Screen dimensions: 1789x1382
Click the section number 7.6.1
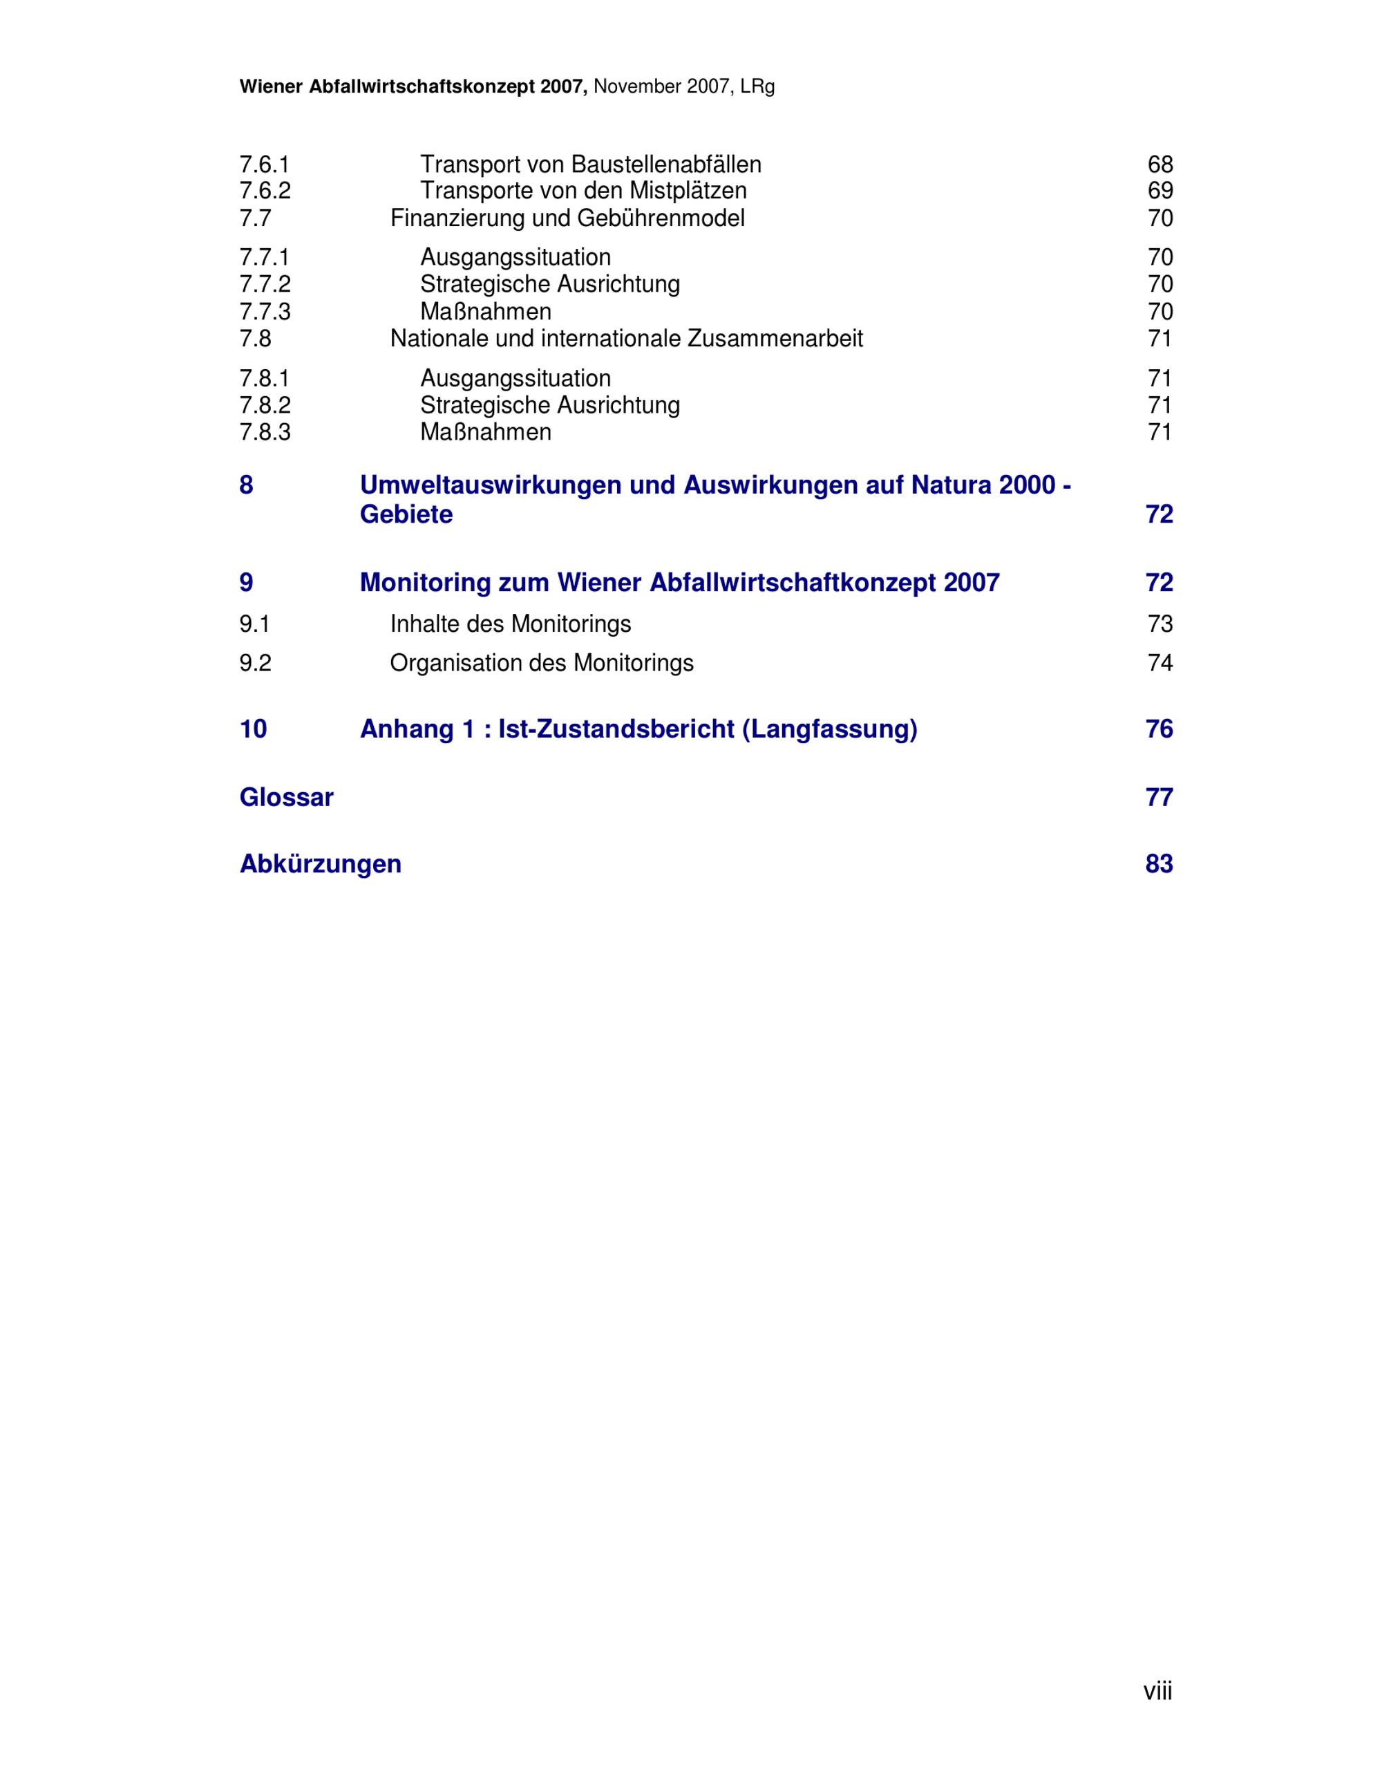[264, 165]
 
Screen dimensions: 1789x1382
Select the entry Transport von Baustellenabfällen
[590, 165]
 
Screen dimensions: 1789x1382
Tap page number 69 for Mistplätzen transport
[1159, 191]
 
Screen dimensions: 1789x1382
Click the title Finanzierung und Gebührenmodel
[567, 218]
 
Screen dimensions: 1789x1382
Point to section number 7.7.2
[265, 284]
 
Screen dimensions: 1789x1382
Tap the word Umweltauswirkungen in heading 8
[490, 486]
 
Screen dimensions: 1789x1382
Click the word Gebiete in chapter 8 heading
[406, 514]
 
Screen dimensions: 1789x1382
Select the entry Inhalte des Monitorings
[510, 624]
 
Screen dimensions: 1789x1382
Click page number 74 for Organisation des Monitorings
[1159, 663]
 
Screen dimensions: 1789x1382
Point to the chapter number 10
[253, 729]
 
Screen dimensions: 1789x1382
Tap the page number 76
[1159, 729]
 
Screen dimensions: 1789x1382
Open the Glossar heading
[287, 797]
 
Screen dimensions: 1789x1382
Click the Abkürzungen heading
[320, 864]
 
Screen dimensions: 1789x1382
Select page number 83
[1159, 864]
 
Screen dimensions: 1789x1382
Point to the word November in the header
[637, 87]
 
